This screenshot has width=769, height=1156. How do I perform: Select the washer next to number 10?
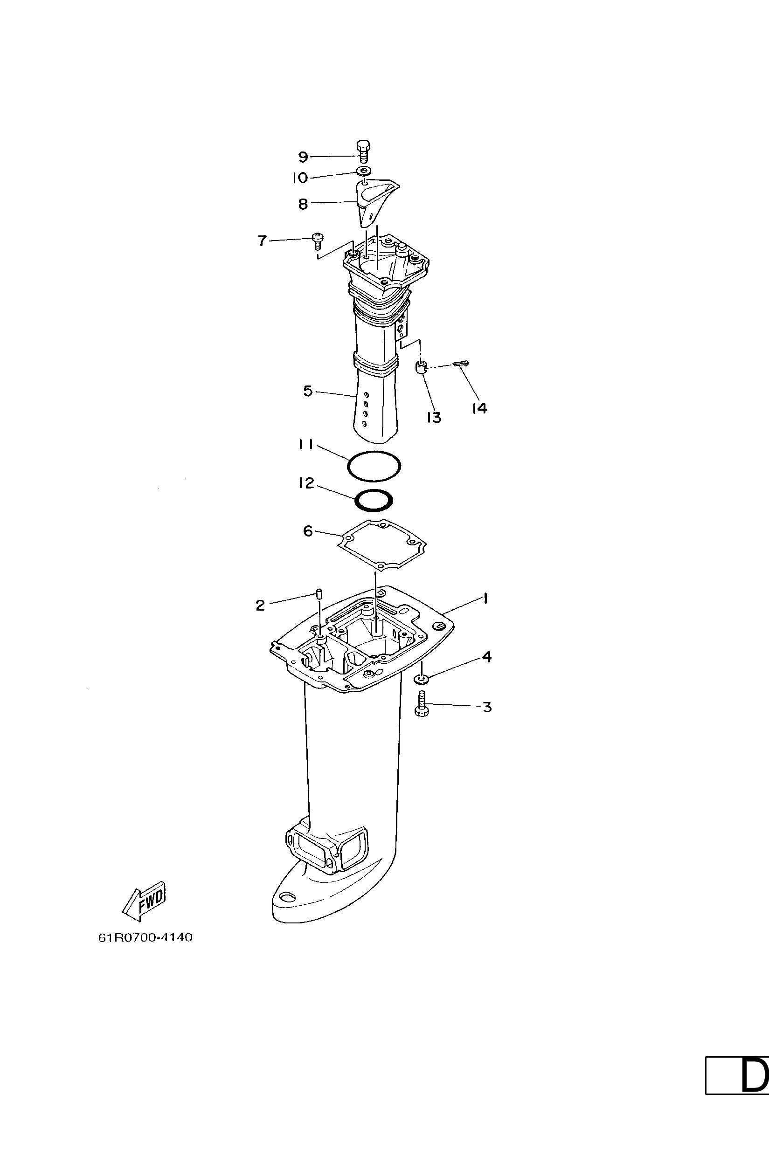pos(363,172)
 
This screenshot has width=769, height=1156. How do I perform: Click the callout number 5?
pos(308,391)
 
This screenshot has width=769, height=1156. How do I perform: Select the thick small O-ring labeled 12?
pos(374,501)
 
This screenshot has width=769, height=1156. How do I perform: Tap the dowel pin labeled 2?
pos(319,595)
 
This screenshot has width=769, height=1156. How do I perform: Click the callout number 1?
pos(485,598)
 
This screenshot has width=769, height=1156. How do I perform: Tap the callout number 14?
pos(479,408)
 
